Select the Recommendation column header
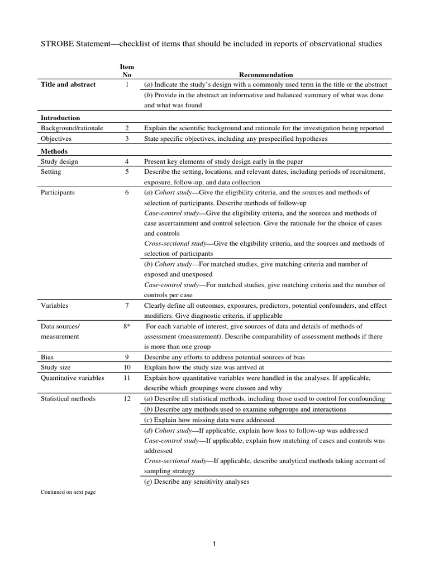266,74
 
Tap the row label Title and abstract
68,84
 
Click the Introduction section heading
60,118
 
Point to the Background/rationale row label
71,128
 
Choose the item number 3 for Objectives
127,138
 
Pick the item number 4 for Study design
127,161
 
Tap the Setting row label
51,171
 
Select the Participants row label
58,193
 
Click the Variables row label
55,306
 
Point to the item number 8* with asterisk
127,326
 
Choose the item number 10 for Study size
127,367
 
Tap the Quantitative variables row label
72,378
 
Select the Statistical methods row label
68,399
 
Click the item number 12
127,399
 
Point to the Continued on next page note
68,492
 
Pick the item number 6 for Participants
127,193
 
